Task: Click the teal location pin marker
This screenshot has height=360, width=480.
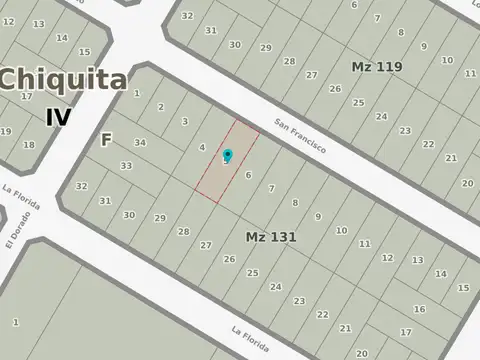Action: [228, 155]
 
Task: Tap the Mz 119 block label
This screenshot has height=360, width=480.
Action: [376, 67]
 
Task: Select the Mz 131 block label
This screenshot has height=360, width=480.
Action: [270, 236]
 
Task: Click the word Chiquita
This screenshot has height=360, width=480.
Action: [63, 80]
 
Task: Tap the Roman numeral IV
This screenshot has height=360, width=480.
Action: [59, 117]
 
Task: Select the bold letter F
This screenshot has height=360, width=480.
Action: [105, 140]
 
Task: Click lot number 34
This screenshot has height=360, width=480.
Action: [140, 143]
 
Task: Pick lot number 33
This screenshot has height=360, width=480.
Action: [126, 165]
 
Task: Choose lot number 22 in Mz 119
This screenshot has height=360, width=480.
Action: [428, 145]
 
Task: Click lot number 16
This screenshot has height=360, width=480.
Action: [419, 309]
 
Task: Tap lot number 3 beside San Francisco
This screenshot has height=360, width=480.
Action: [184, 121]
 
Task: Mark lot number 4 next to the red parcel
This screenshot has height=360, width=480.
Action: [203, 147]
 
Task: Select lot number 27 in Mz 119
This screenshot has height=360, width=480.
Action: [312, 74]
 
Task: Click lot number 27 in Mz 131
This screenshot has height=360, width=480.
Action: [206, 245]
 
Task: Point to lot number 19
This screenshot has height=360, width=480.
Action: [5, 131]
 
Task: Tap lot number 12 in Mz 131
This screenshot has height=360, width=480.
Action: [387, 258]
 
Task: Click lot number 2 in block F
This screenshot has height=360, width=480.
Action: [160, 107]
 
